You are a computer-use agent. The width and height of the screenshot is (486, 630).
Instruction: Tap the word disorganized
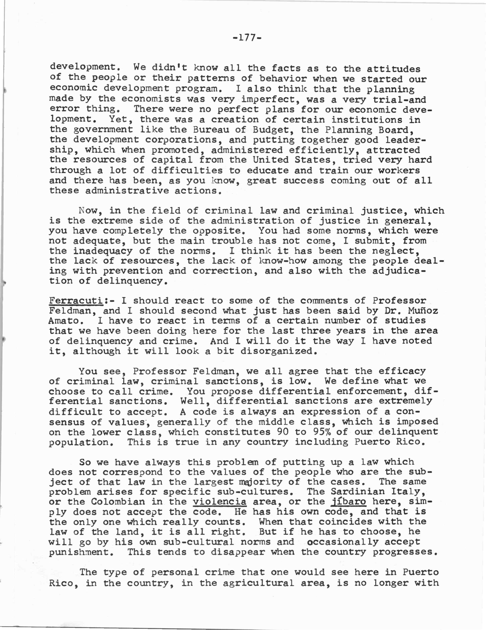tap(277, 351)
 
